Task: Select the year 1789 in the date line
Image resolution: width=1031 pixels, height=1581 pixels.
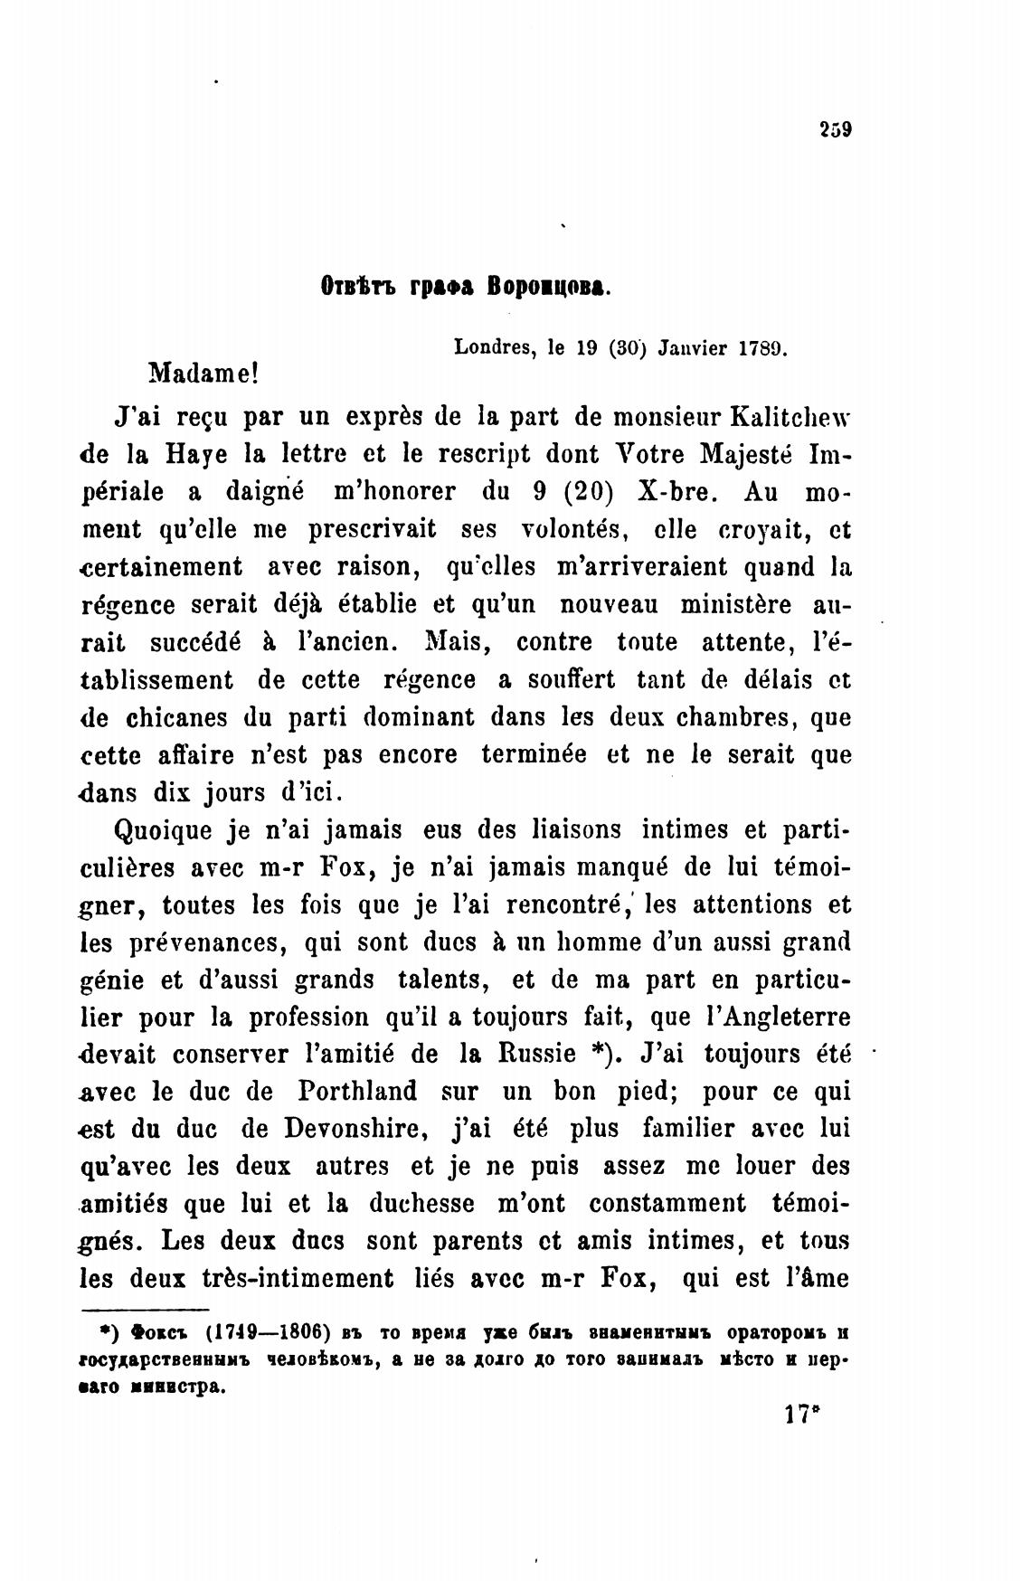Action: coord(765,346)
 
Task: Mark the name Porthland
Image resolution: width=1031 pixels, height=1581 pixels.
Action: coord(356,1092)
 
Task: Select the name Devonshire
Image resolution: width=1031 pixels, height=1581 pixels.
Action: coord(360,1129)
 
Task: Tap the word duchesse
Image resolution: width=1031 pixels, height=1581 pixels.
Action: coord(422,1204)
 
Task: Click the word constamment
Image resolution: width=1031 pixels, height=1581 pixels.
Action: coord(667,1204)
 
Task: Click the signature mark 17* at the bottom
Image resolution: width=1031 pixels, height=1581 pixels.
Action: coord(802,1415)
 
